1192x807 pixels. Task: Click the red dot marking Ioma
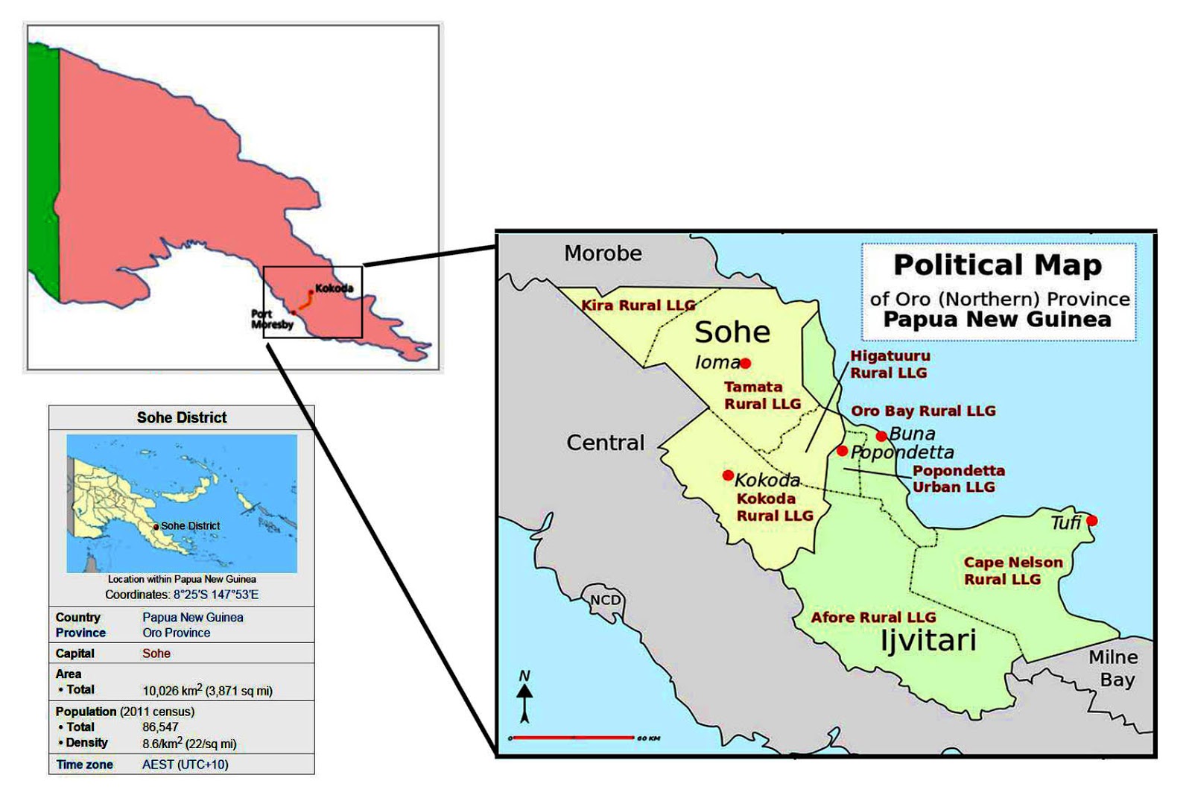(745, 364)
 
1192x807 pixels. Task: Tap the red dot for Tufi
(1092, 521)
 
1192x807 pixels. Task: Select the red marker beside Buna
(881, 436)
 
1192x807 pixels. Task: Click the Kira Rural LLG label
(638, 306)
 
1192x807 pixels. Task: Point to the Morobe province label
(603, 253)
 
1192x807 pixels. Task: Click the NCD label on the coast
(605, 601)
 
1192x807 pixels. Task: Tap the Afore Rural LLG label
(873, 618)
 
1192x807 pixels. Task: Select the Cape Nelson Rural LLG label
(1012, 571)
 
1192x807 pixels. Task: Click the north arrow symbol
(524, 697)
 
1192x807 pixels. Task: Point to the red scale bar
(572, 738)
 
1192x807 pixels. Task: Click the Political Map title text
(997, 265)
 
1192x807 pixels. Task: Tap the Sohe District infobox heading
(182, 418)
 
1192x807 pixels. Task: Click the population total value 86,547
(160, 727)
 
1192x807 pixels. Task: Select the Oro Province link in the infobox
(176, 633)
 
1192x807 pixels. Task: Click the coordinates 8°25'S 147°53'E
(216, 595)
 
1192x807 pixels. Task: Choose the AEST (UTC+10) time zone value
(185, 765)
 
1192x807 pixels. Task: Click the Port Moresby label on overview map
(272, 320)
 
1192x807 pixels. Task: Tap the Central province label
(605, 443)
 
